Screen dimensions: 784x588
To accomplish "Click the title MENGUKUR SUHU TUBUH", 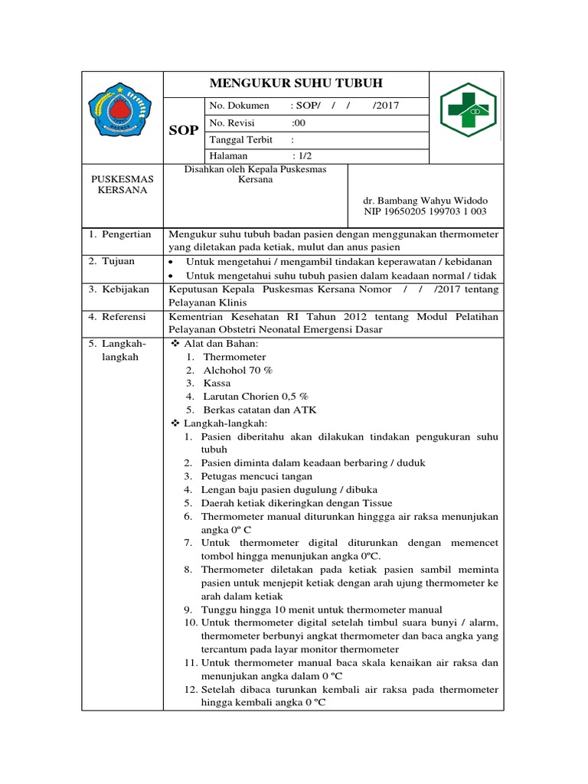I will [296, 83].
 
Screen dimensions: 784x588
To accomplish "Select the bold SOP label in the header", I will [183, 131].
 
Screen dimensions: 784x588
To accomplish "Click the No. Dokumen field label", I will [239, 106].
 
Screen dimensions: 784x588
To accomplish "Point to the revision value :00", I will [299, 122].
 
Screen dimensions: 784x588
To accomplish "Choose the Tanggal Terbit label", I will [240, 139].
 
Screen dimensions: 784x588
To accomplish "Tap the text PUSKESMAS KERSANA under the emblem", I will [122, 185].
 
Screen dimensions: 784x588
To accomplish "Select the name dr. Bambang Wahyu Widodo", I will [424, 200].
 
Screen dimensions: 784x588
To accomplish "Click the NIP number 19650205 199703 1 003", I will [424, 211].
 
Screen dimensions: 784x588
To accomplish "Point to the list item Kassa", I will [217, 383].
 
